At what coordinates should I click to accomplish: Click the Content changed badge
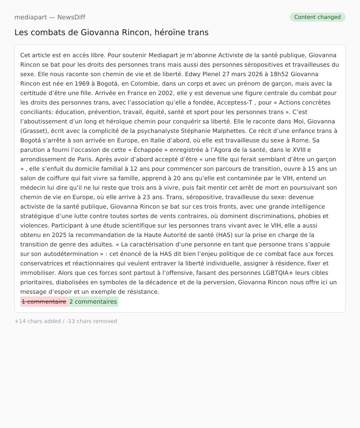pos(317,17)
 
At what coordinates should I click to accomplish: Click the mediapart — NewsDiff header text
pos(49,17)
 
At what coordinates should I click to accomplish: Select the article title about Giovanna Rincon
pos(111,32)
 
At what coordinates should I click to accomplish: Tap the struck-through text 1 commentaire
pos(44,302)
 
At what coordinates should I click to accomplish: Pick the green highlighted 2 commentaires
pos(93,302)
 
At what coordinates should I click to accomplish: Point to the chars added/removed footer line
pos(66,321)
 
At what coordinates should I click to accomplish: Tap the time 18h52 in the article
pos(279,74)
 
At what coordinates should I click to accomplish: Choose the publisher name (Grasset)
pos(34,131)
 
